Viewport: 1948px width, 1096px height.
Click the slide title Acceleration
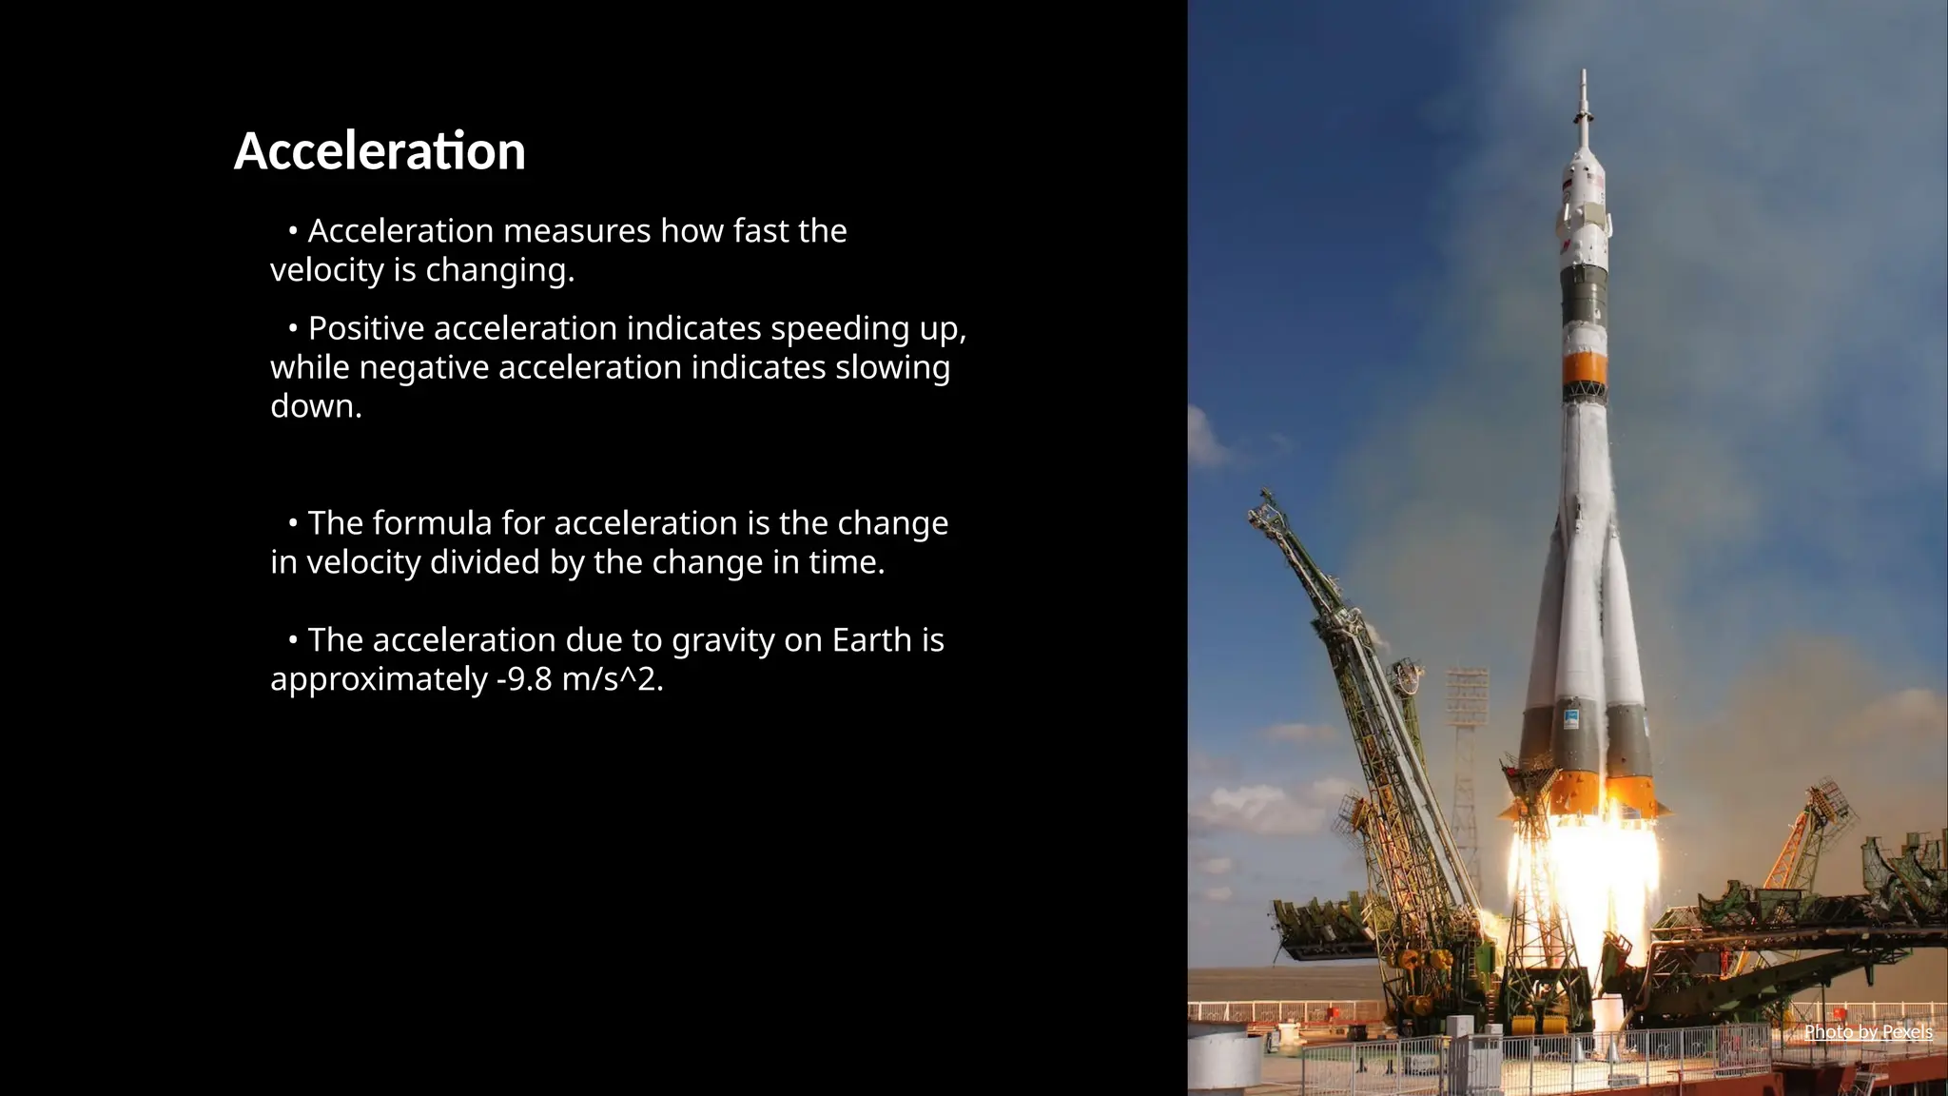pos(380,151)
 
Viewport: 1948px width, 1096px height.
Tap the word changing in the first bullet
pos(498,271)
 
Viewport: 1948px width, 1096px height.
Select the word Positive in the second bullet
pos(366,328)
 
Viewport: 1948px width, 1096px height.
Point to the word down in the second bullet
pos(315,406)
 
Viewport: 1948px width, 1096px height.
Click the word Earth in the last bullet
pos(871,640)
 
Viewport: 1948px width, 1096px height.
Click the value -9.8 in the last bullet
pos(524,679)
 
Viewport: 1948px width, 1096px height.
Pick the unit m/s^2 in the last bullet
pos(612,679)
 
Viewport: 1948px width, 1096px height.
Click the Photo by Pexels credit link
pos(1867,1032)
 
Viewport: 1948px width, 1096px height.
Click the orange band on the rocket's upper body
pos(1585,367)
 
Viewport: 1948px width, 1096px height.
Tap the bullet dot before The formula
pos(293,523)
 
